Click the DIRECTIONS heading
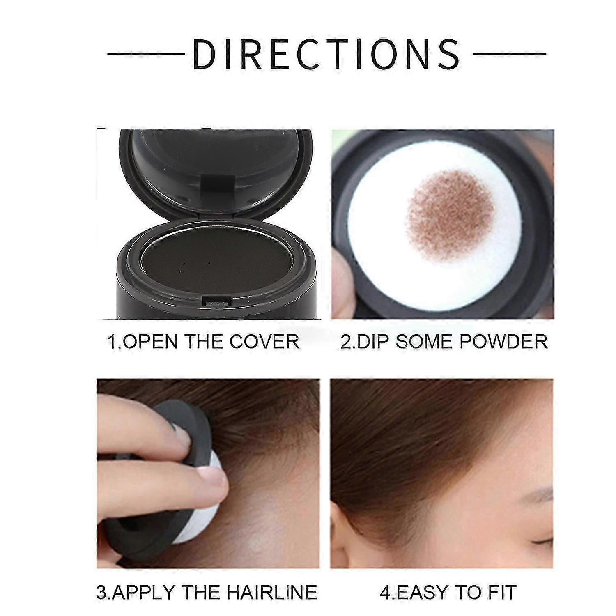(326, 54)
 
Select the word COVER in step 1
(264, 342)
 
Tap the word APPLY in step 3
(144, 592)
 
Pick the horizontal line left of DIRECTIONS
(146, 54)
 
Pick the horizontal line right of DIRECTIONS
(509, 54)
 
